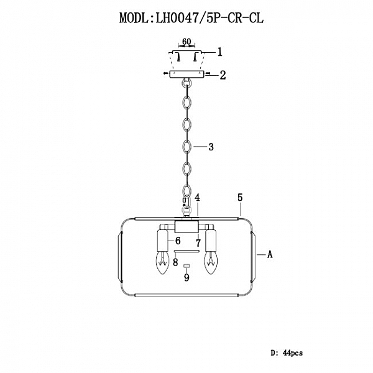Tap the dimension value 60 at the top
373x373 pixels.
click(x=186, y=42)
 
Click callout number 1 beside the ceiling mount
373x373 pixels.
click(x=219, y=53)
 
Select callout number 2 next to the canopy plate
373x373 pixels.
click(x=222, y=75)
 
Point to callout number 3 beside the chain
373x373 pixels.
click(x=211, y=147)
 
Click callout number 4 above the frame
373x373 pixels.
click(x=196, y=198)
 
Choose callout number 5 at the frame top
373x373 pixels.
click(x=239, y=198)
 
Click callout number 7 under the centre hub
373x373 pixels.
click(x=197, y=242)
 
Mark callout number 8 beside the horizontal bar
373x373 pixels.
click(x=176, y=262)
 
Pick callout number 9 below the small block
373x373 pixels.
click(x=186, y=278)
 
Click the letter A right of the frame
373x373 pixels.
click(x=269, y=254)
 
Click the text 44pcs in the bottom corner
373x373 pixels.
click(x=292, y=353)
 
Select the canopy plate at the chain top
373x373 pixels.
click(x=186, y=73)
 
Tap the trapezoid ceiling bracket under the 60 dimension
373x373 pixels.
click(x=186, y=59)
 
